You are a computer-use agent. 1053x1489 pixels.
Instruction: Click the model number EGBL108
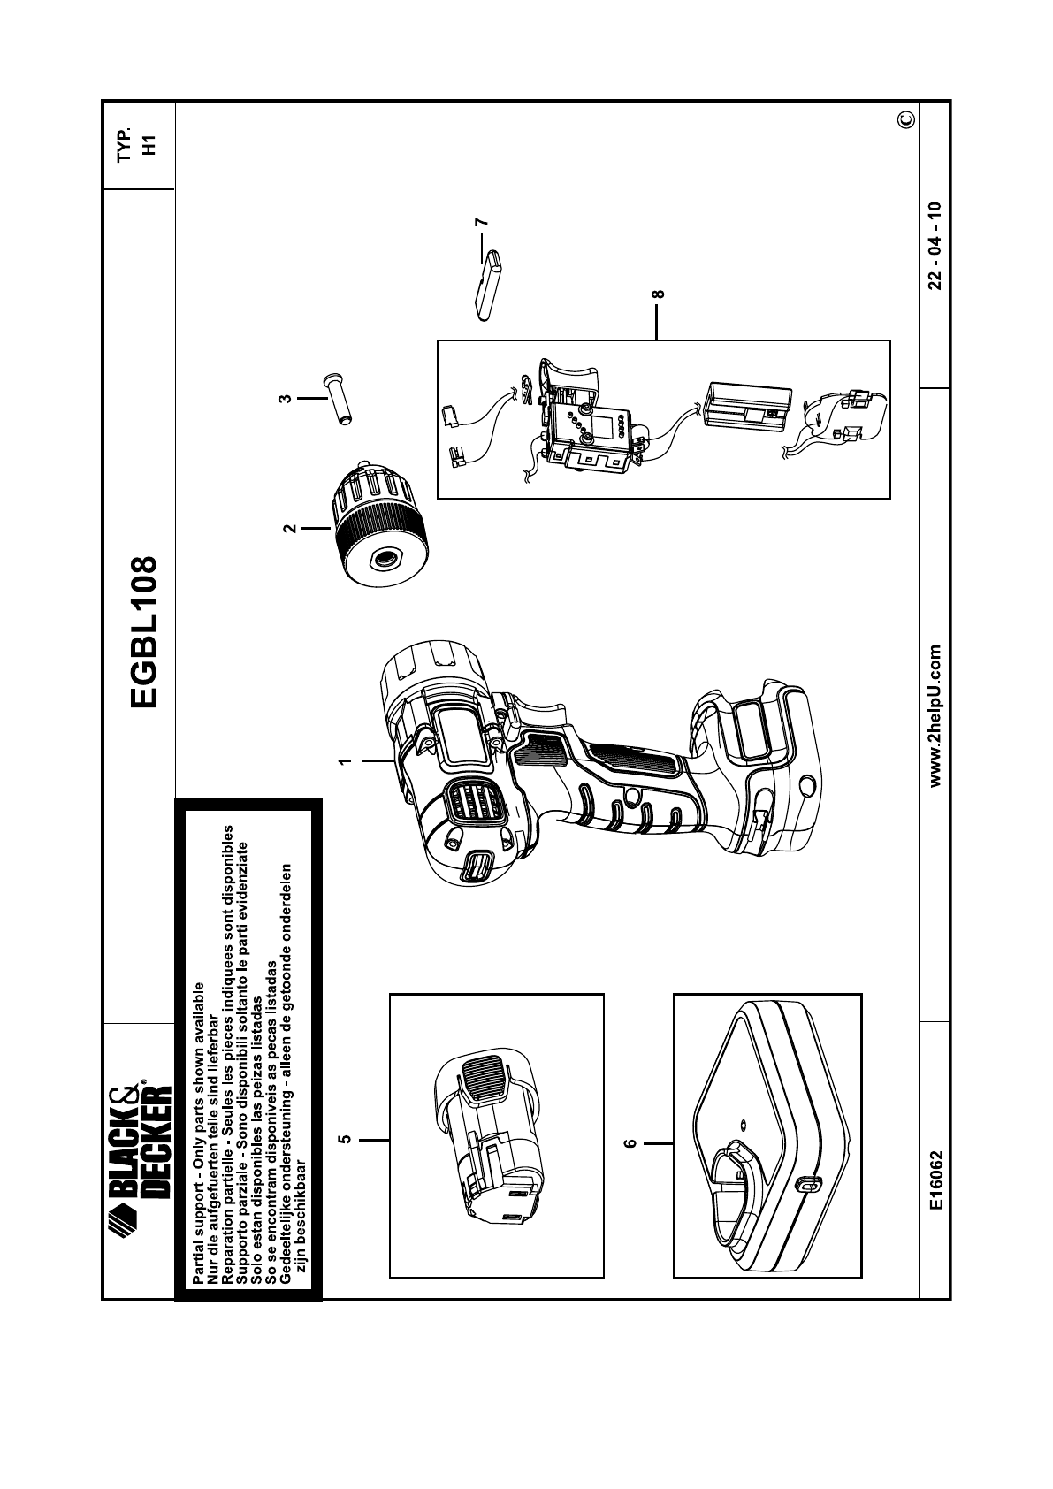point(141,632)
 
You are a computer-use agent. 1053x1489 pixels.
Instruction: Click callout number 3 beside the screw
point(285,399)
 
